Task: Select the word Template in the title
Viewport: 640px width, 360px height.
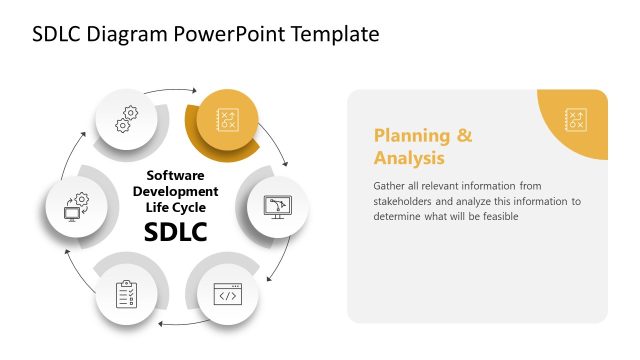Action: click(332, 34)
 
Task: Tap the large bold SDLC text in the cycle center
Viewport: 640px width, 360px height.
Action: click(175, 232)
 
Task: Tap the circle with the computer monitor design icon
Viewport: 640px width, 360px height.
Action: click(276, 206)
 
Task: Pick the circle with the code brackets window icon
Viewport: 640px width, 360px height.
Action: click(227, 294)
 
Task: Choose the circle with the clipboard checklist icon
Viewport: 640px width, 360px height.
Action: click(127, 294)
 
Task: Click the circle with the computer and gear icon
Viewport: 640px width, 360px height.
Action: click(77, 207)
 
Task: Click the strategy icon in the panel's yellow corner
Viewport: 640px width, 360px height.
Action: click(575, 119)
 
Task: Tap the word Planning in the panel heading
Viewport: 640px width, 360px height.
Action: click(408, 136)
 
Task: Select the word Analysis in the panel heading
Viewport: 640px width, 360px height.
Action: click(409, 158)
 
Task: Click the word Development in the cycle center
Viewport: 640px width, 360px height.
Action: click(175, 191)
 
